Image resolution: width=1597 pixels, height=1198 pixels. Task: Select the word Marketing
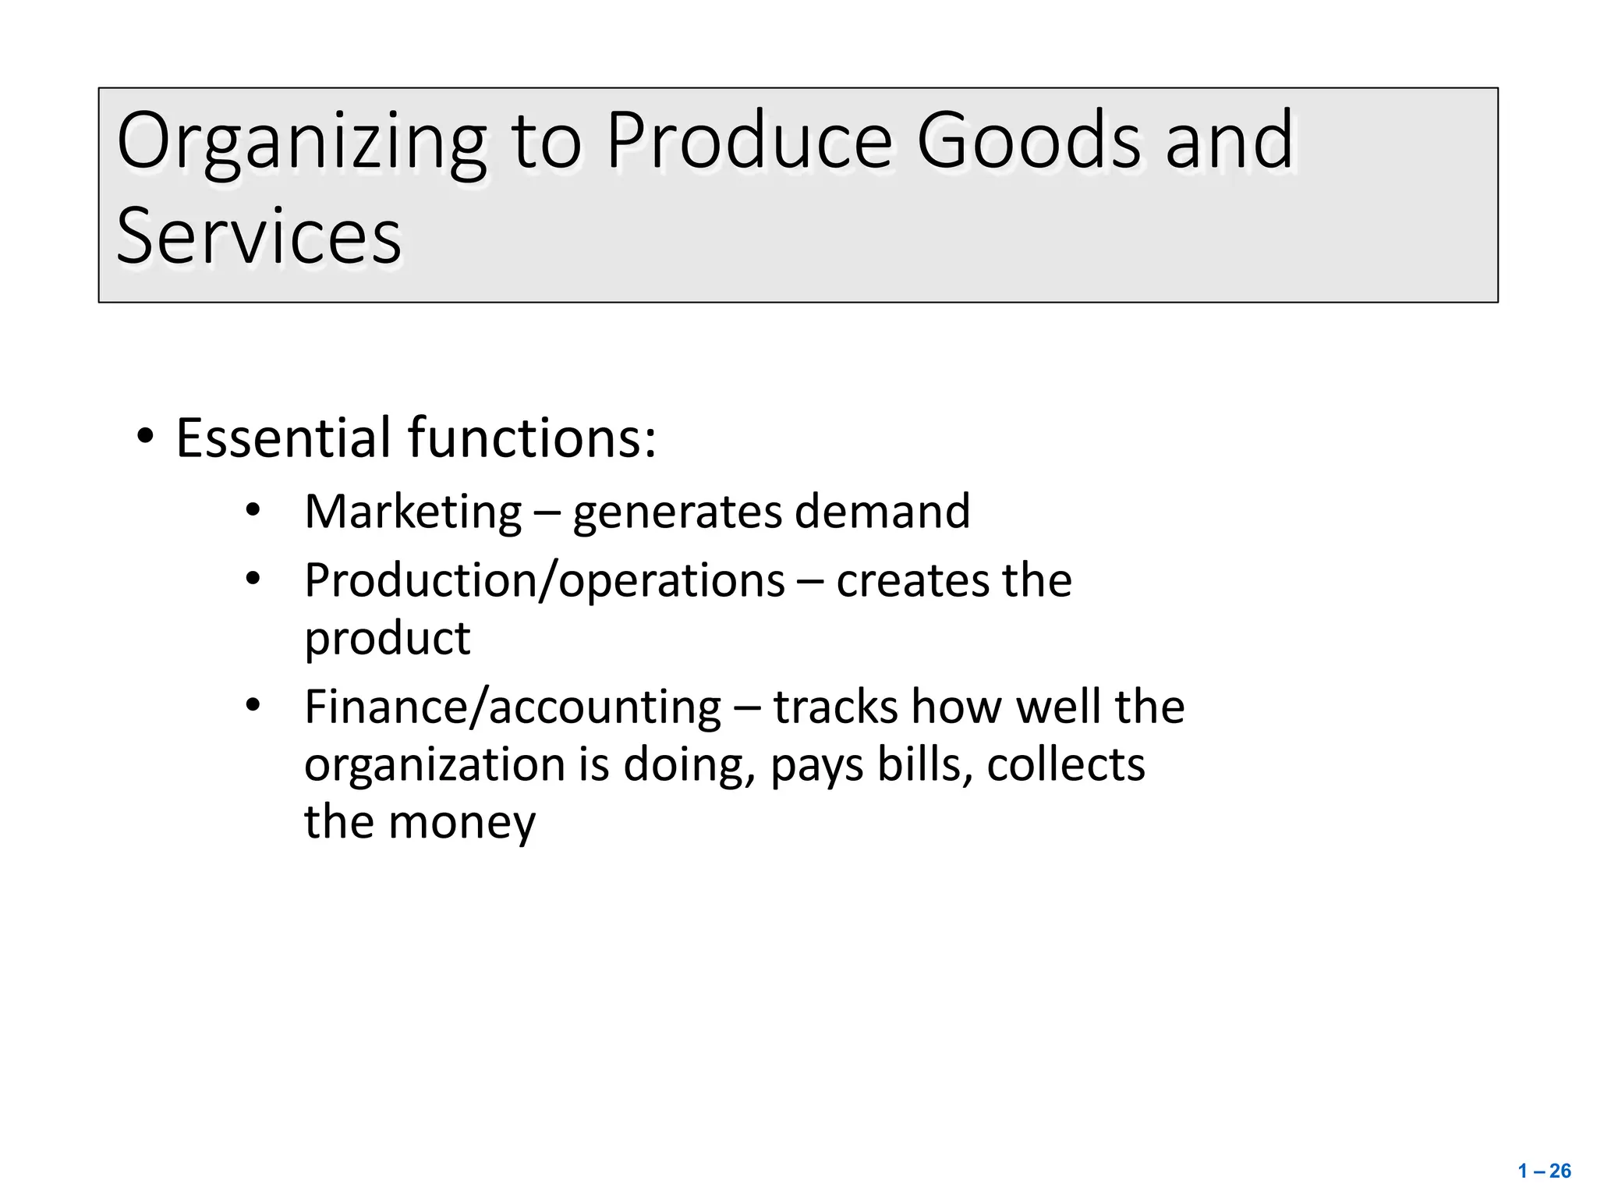[413, 512]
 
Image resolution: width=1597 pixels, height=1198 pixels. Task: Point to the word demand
[882, 512]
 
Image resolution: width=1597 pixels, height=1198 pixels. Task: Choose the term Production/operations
[544, 582]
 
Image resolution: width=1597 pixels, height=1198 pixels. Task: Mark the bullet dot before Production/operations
[252, 580]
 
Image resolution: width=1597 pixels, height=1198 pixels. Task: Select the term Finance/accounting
[512, 708]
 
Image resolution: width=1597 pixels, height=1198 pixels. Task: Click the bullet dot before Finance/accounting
[252, 706]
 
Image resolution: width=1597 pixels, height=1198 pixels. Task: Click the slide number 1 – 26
[1544, 1171]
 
